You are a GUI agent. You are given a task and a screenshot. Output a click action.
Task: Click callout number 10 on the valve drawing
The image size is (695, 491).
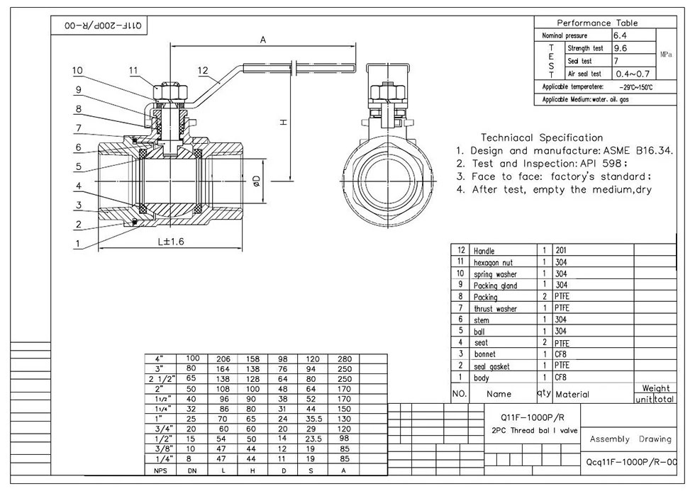77,70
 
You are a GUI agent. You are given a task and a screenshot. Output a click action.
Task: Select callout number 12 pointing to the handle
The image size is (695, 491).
204,70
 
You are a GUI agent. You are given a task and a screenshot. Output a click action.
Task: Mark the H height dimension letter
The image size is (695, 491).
282,122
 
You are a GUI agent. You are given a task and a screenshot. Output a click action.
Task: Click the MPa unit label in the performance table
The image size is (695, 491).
666,54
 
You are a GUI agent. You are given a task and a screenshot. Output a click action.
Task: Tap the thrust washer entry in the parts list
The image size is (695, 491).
495,309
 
